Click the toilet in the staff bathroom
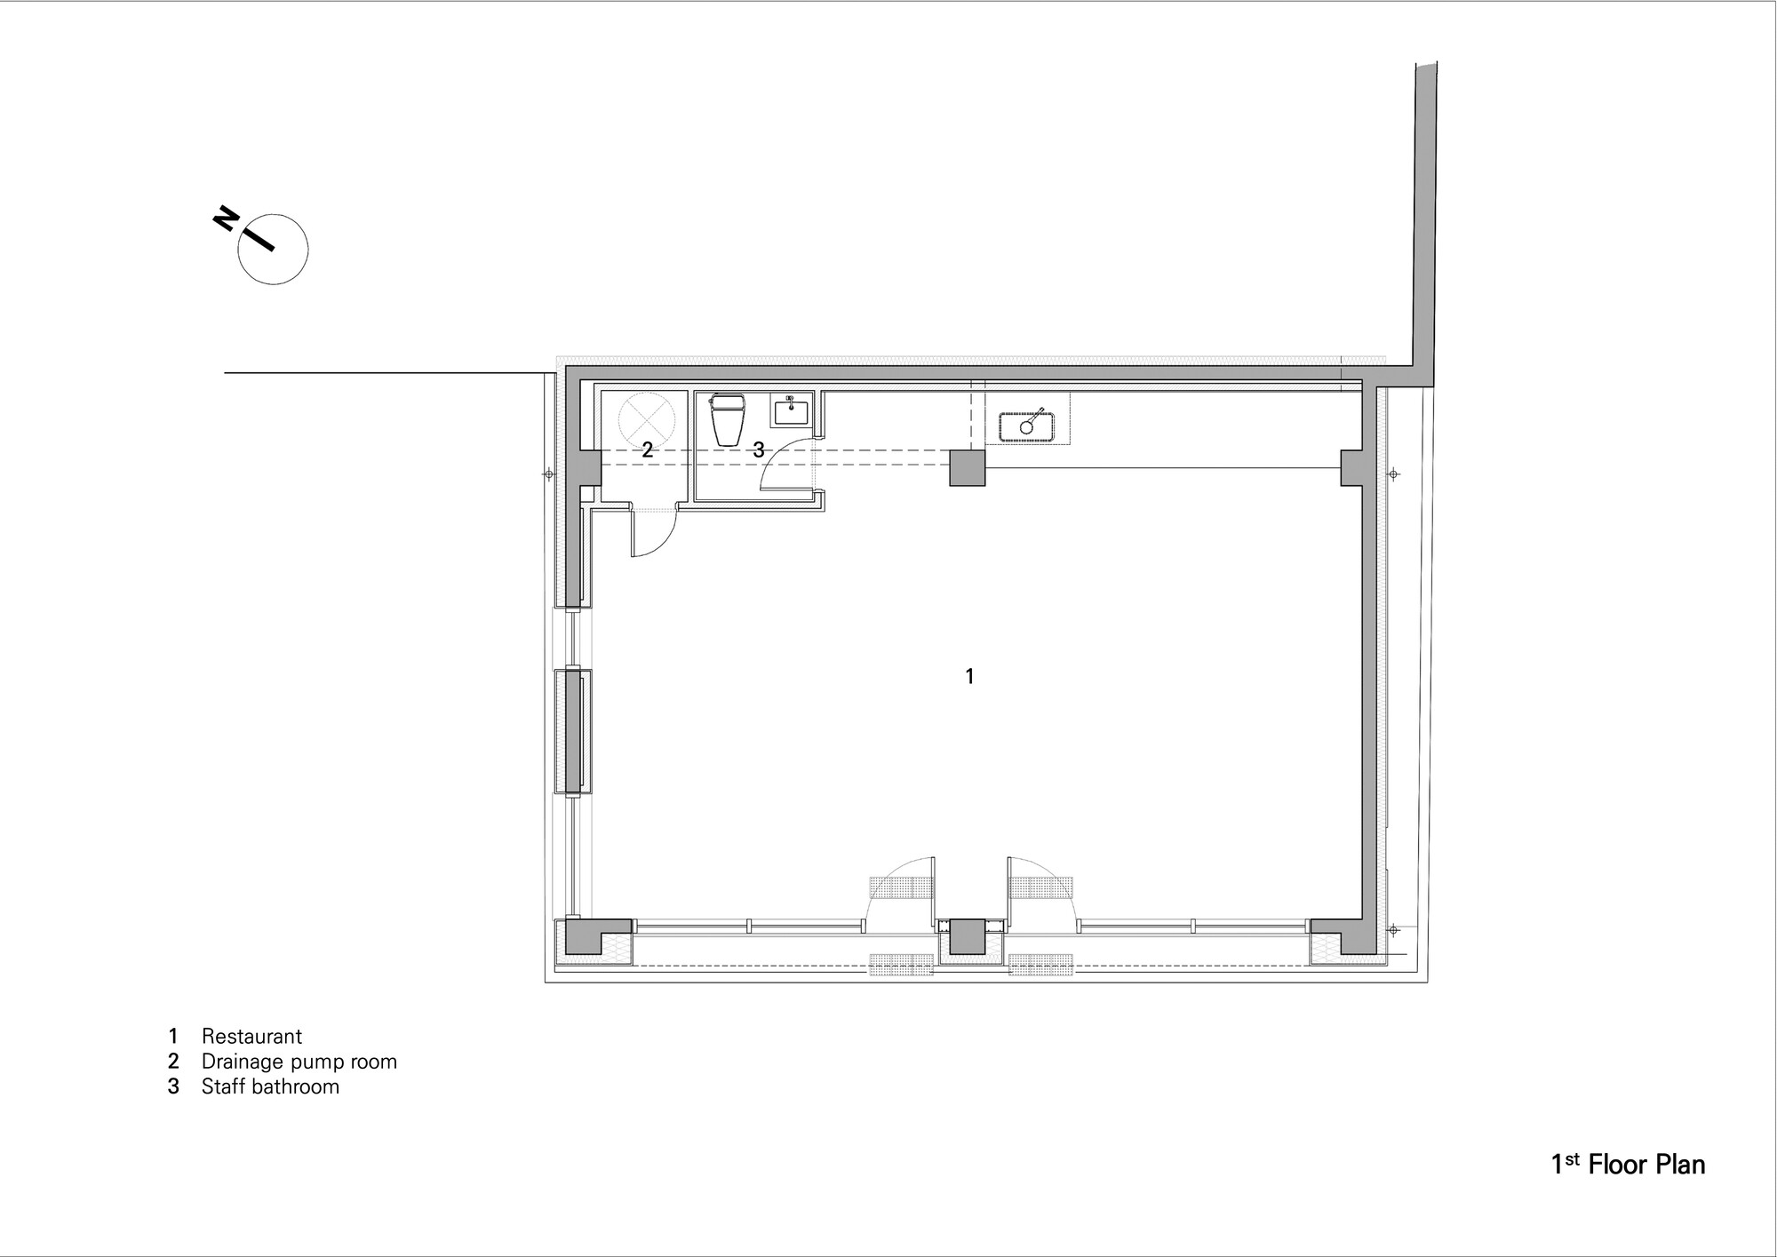click(729, 420)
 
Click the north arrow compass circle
click(273, 250)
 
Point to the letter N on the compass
click(225, 218)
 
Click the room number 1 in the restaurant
click(969, 677)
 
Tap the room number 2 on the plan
click(648, 449)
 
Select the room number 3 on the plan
click(758, 450)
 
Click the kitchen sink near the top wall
click(1026, 426)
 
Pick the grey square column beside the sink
click(968, 468)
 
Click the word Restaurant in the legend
click(251, 1036)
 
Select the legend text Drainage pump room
click(299, 1062)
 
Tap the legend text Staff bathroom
click(270, 1086)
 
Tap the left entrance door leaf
click(934, 888)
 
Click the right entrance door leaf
click(1009, 888)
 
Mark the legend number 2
click(173, 1062)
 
